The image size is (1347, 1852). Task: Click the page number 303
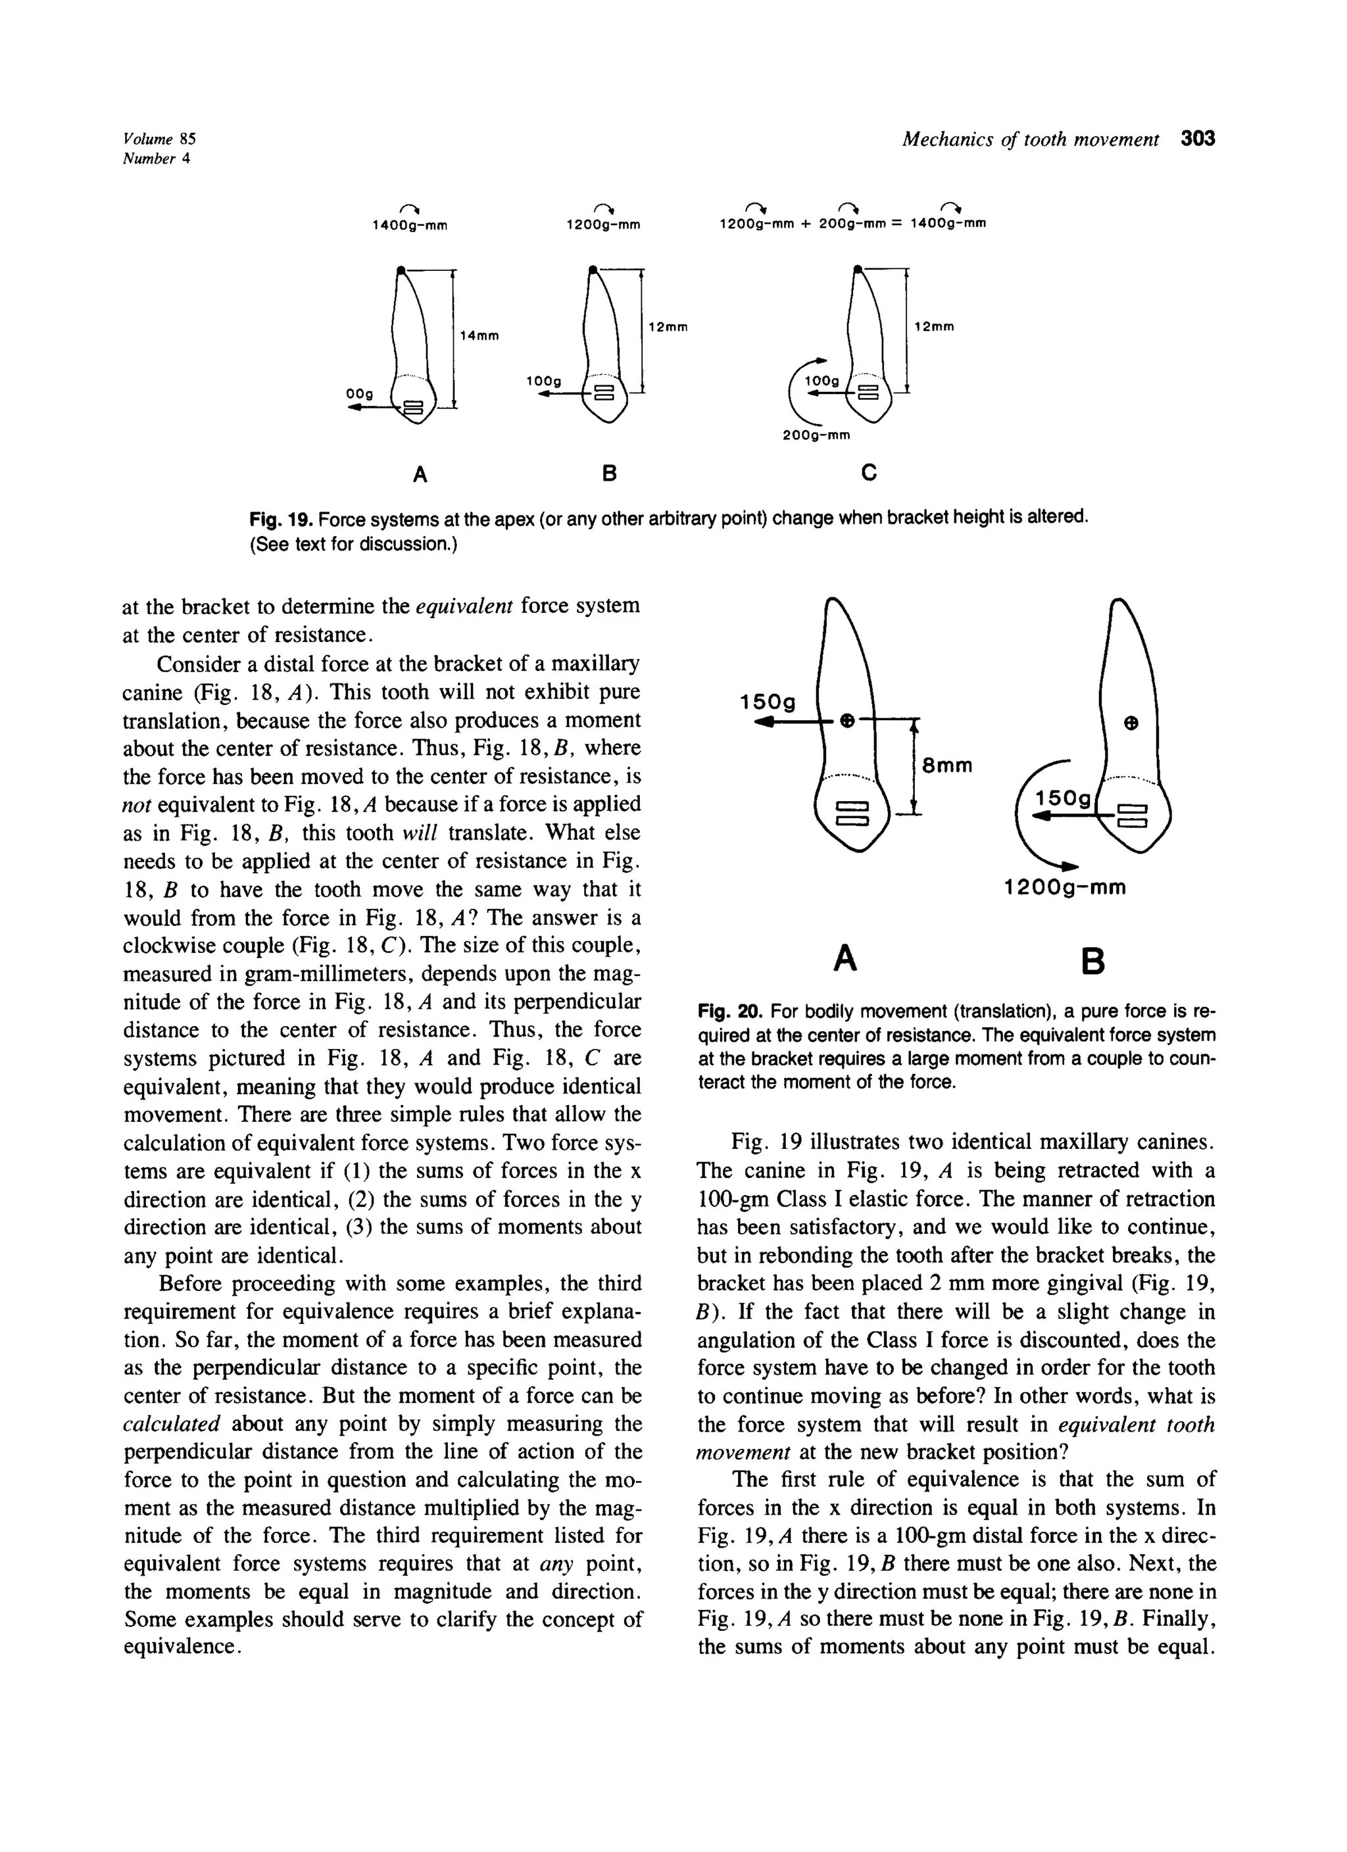point(1198,139)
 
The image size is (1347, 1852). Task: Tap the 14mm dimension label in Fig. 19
point(479,335)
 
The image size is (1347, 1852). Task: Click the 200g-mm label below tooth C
point(817,435)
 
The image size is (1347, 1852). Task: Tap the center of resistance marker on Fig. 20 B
point(1131,723)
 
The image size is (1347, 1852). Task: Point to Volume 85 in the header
point(160,139)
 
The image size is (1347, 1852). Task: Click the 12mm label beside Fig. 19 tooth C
point(935,327)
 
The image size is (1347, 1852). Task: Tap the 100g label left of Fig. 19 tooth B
point(544,381)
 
